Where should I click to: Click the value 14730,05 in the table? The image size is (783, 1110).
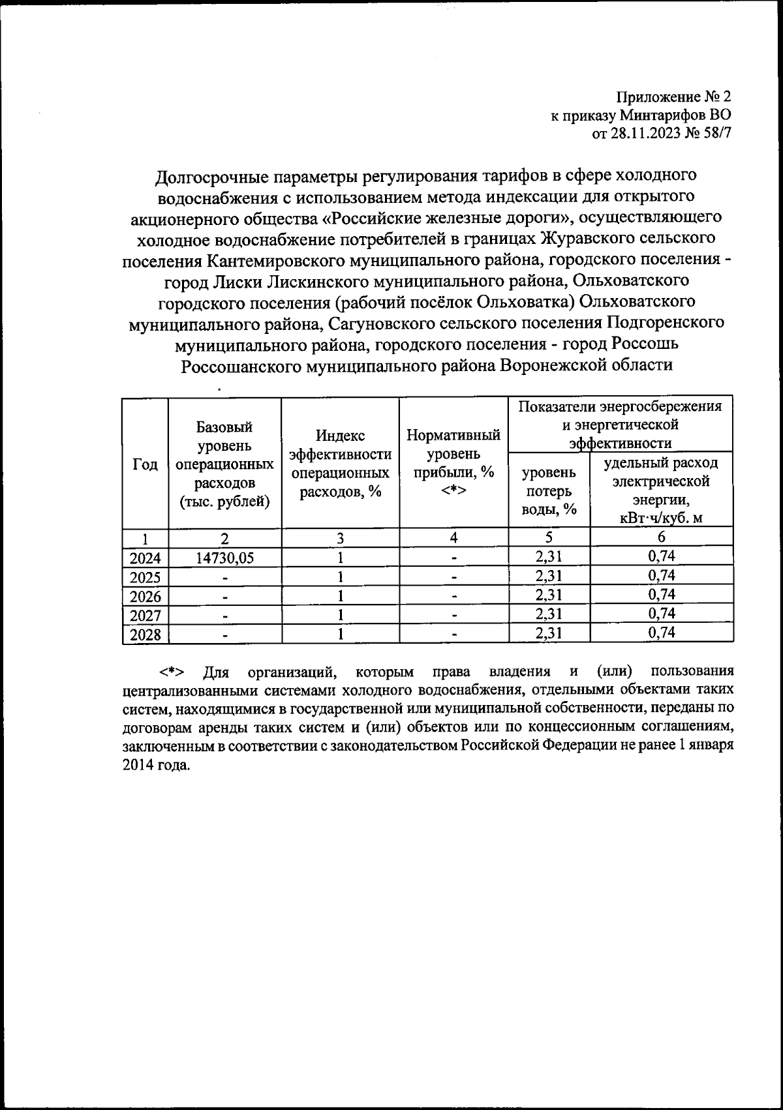coord(224,558)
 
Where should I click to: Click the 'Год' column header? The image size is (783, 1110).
coord(145,464)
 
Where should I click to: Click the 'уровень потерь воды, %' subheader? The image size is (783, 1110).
coord(549,490)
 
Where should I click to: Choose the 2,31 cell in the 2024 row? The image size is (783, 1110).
coord(549,556)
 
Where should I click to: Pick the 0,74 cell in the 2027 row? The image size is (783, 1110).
coord(661,614)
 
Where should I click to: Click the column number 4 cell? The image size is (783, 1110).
coord(453,538)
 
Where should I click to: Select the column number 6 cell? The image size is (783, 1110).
coord(661,538)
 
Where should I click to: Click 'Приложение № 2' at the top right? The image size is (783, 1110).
coord(673,97)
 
